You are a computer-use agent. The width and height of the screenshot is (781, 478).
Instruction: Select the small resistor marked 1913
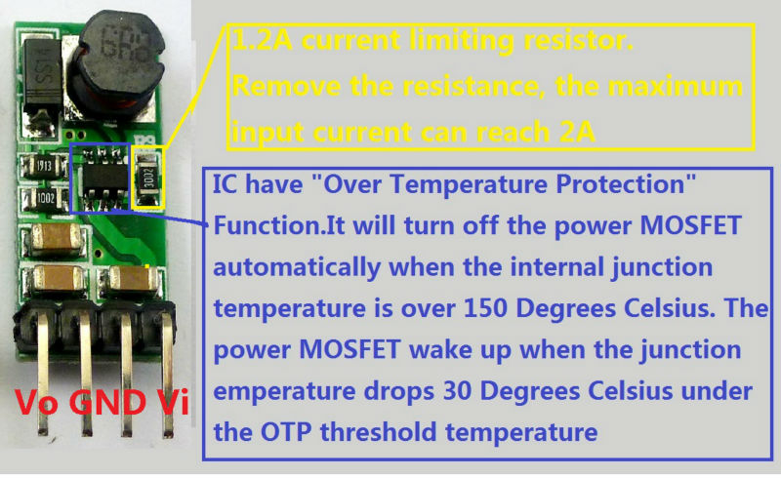click(x=45, y=165)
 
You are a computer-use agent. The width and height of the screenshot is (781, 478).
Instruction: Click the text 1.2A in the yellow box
click(x=263, y=43)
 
